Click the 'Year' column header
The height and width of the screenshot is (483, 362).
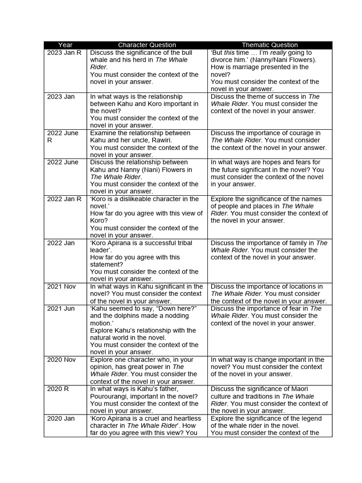tap(65, 45)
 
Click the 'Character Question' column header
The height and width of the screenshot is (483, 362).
tap(147, 45)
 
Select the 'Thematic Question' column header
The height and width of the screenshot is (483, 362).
tap(270, 45)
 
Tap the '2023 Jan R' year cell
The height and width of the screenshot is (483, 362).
tap(64, 53)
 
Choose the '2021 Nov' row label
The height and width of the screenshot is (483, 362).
tap(61, 286)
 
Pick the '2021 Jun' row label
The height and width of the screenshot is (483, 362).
tap(61, 308)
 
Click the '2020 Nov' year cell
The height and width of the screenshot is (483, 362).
tap(61, 359)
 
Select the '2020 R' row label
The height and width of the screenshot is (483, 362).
tap(57, 389)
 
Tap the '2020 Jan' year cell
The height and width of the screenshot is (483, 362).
tap(61, 418)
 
